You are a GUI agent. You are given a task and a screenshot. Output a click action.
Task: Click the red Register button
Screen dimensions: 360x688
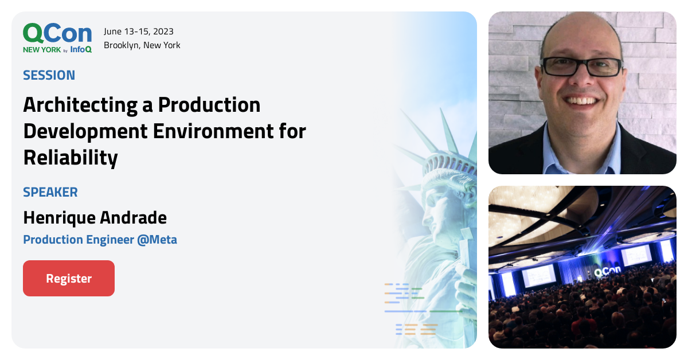(69, 279)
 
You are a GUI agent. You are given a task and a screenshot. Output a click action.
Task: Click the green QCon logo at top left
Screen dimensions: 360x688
(57, 34)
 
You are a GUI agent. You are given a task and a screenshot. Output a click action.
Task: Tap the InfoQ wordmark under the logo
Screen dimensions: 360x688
(81, 49)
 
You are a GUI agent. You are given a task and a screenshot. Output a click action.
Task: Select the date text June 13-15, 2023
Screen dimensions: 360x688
(139, 32)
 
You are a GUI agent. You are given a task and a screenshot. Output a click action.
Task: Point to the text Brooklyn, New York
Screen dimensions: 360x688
(142, 45)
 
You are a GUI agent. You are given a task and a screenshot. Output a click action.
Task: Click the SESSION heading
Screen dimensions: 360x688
(49, 75)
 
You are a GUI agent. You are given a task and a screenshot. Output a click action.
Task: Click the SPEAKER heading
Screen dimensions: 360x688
(50, 192)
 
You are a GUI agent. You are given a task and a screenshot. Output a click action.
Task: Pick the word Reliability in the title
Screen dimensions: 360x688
(71, 158)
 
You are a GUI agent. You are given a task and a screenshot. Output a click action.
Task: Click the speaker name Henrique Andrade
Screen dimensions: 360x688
(95, 218)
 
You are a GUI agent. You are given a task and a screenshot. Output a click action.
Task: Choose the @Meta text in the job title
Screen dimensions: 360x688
(157, 240)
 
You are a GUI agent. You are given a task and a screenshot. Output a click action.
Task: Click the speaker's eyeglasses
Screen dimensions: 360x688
(581, 67)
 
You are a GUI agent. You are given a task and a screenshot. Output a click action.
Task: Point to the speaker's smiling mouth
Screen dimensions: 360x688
(583, 101)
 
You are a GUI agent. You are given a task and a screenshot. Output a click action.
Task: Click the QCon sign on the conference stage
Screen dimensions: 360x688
(606, 273)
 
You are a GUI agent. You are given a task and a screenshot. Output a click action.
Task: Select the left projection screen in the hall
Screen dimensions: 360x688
(538, 275)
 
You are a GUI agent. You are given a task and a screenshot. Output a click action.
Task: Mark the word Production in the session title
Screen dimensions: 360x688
(209, 105)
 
